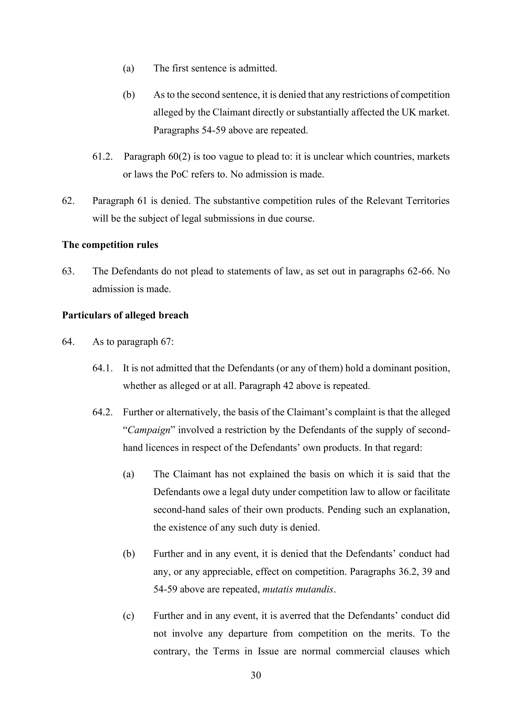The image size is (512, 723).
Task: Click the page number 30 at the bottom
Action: [256, 675]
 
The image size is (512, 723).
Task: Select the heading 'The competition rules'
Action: [110, 245]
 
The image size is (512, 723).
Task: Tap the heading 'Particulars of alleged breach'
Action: [125, 315]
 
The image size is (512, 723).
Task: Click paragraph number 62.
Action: [68, 201]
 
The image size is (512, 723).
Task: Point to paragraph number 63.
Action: [68, 271]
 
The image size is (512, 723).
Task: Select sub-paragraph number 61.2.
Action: [102, 156]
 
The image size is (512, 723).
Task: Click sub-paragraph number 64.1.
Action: [102, 368]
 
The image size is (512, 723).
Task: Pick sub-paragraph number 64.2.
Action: [102, 412]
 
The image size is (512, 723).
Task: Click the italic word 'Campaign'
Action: [149, 430]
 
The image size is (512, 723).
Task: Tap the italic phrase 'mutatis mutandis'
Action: [297, 589]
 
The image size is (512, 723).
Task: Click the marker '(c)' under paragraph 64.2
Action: [129, 616]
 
